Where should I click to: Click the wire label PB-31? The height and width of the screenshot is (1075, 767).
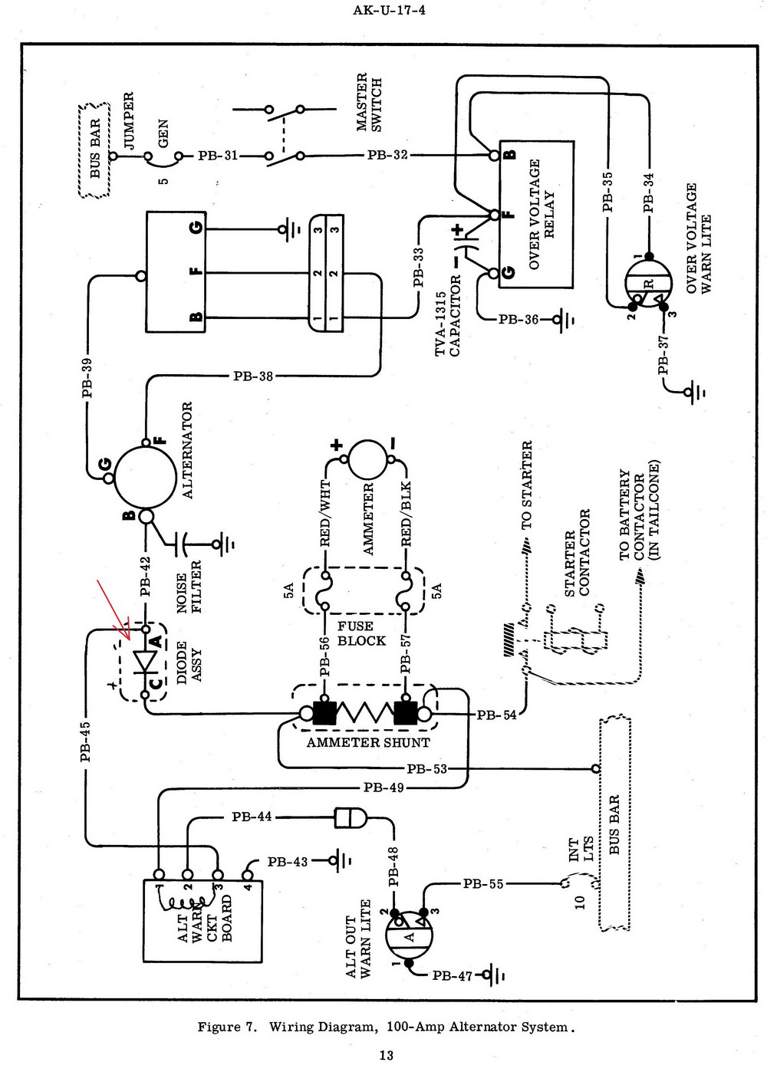218,156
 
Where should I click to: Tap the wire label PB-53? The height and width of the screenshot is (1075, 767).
426,768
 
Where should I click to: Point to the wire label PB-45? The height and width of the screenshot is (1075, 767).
86,741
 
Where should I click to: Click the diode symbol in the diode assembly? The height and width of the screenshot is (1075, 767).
144,662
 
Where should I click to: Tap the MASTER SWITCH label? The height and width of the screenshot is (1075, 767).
369,103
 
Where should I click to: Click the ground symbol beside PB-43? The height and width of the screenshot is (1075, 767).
340,861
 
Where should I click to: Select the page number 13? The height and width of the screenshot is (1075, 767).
386,1055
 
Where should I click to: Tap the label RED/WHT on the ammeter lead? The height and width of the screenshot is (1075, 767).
324,514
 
